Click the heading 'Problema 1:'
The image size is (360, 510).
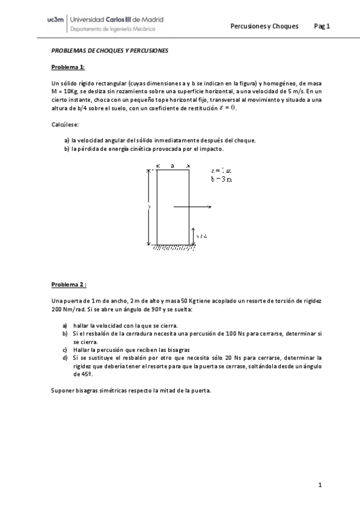pyautogui.click(x=68, y=67)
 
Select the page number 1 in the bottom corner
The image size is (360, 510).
pyautogui.click(x=320, y=485)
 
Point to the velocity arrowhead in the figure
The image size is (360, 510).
pyautogui.click(x=209, y=207)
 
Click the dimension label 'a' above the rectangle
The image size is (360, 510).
pyautogui.click(x=172, y=165)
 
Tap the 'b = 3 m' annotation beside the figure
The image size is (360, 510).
pyautogui.click(x=222, y=179)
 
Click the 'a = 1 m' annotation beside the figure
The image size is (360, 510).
pyautogui.click(x=221, y=171)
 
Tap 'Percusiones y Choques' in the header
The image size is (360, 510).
pyautogui.click(x=264, y=26)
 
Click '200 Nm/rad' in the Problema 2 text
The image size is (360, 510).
pyautogui.click(x=69, y=309)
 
